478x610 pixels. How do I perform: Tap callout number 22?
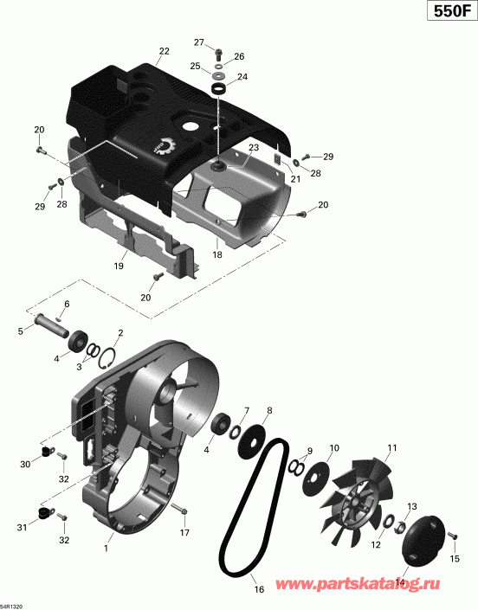point(164,52)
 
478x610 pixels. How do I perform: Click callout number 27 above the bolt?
point(198,42)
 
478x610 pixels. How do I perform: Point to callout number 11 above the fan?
point(391,447)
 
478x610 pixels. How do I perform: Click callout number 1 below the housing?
point(107,548)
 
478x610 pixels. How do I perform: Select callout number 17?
point(184,533)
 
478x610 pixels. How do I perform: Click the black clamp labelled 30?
point(48,453)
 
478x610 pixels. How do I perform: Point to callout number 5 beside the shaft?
point(20,331)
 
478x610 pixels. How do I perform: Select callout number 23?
point(254,149)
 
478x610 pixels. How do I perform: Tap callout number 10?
point(333,447)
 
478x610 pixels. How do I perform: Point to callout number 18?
point(217,255)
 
